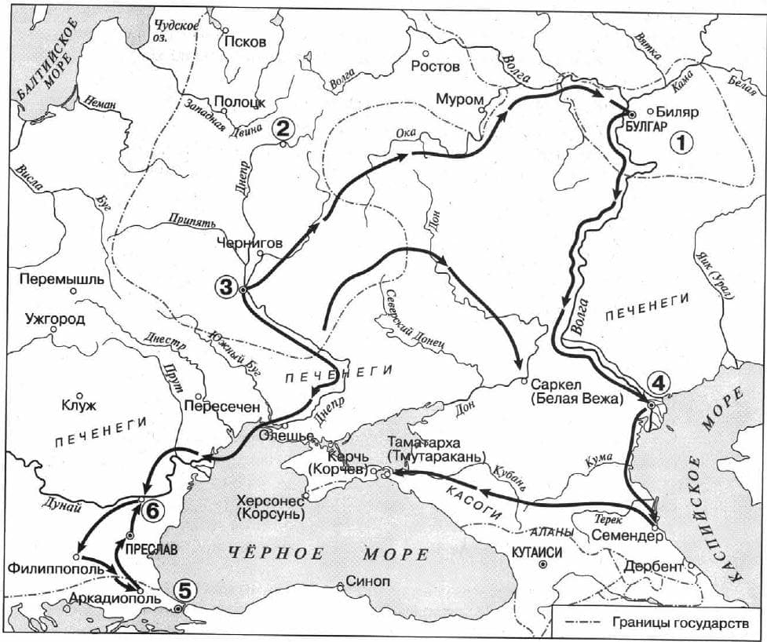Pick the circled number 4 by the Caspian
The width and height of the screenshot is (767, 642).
658,384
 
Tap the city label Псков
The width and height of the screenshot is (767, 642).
245,42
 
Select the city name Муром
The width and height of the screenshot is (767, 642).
458,100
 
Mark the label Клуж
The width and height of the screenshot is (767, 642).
78,406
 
